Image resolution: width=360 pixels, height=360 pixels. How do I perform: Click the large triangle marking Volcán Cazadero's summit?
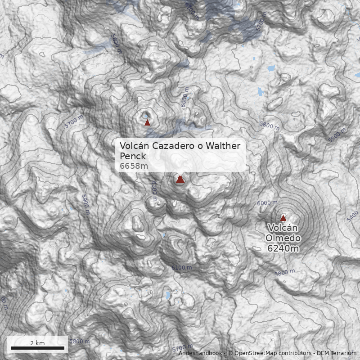pyautogui.click(x=180, y=180)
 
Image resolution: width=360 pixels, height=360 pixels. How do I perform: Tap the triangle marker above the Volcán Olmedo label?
pyautogui.click(x=283, y=218)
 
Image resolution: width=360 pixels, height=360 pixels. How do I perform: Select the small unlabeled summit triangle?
pyautogui.click(x=147, y=122)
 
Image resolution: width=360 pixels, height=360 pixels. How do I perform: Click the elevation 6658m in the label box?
pyautogui.click(x=134, y=166)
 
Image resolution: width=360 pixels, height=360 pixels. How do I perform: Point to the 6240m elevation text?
pyautogui.click(x=283, y=248)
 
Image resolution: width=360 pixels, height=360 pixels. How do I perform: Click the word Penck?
pyautogui.click(x=133, y=156)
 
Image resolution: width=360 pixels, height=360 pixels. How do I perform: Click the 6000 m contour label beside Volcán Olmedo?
pyautogui.click(x=267, y=203)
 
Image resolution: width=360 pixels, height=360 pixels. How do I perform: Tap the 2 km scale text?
pyautogui.click(x=37, y=343)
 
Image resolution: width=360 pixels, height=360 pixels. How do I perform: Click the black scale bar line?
pyautogui.click(x=37, y=348)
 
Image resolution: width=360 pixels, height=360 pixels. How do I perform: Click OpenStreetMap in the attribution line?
pyautogui.click(x=252, y=353)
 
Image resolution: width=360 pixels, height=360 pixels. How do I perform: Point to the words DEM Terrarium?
pyautogui.click(x=336, y=353)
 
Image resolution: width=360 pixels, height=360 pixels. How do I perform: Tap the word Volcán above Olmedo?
pyautogui.click(x=283, y=228)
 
